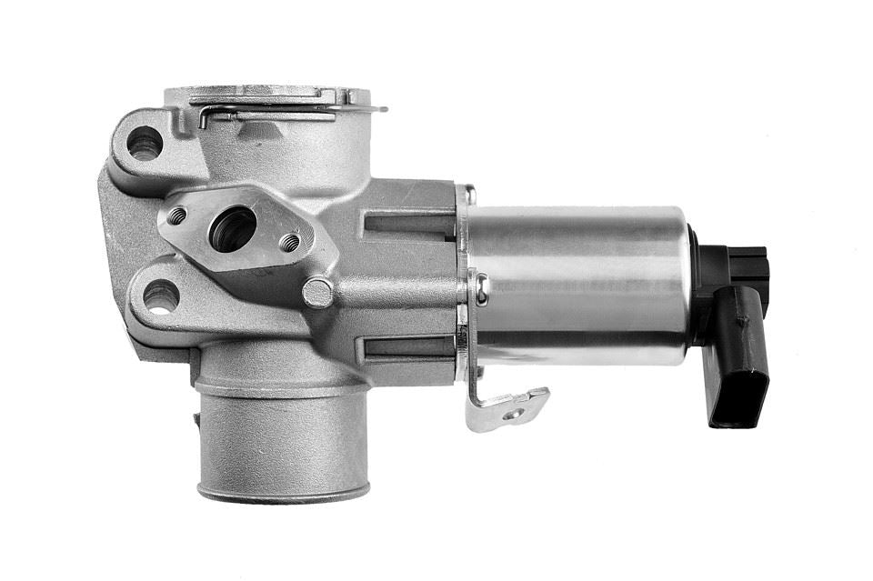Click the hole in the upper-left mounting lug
[144, 143]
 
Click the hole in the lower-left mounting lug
[160, 296]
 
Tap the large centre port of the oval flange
[232, 228]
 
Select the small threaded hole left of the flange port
[177, 215]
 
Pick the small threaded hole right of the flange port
[289, 242]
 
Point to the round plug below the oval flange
[317, 292]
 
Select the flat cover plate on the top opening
[268, 94]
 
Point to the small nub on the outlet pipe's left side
[196, 418]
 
